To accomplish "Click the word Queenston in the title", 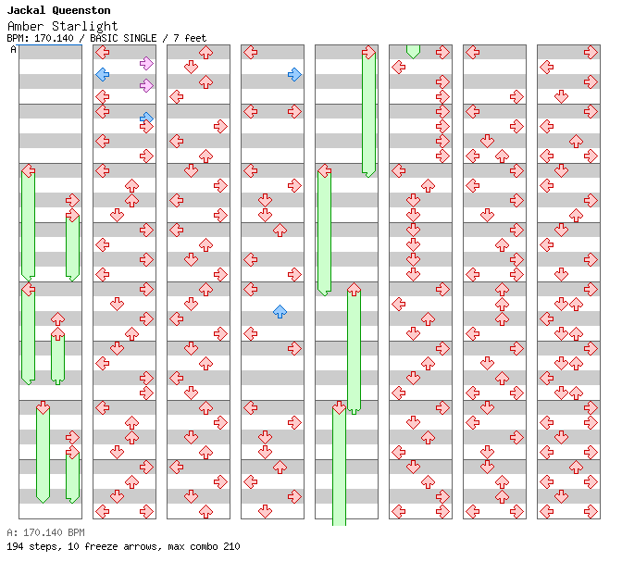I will tap(80, 11).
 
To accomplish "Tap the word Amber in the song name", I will tap(25, 26).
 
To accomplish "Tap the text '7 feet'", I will tap(190, 38).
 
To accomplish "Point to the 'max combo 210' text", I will tap(205, 546).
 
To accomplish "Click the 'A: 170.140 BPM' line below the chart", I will tap(45, 532).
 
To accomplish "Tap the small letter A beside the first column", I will tap(13, 49).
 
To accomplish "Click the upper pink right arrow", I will tap(146, 63).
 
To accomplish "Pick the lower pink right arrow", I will tap(146, 85).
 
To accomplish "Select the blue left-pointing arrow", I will tap(103, 74).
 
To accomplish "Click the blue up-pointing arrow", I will tap(280, 312).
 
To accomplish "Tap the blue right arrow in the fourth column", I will tap(294, 74).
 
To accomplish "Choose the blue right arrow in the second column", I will tap(146, 118).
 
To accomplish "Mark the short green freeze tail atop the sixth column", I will tap(413, 51).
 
